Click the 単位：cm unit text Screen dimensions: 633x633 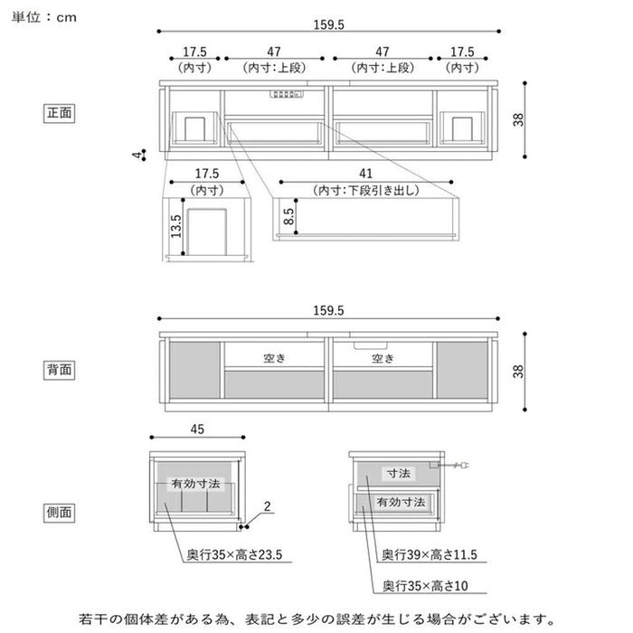(x=45, y=17)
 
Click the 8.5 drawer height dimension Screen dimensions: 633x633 (x=288, y=217)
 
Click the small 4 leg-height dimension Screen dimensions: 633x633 (x=137, y=156)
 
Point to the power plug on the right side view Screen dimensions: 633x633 (x=461, y=466)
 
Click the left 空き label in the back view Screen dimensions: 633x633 (x=275, y=358)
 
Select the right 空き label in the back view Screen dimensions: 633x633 (x=383, y=358)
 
